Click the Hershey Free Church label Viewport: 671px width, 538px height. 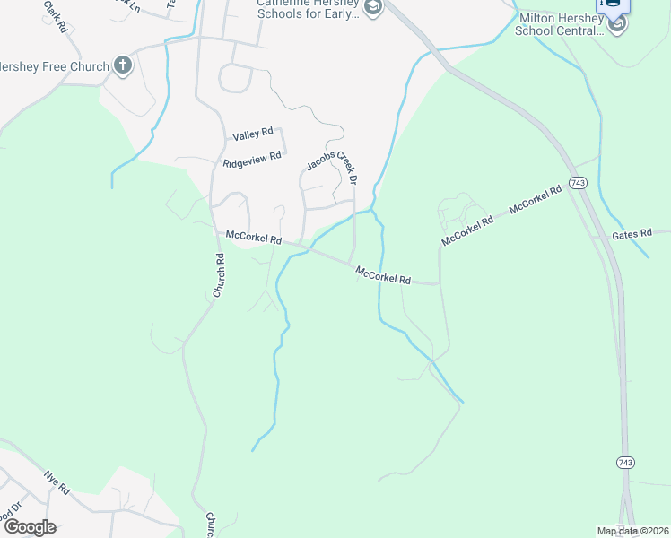pos(54,66)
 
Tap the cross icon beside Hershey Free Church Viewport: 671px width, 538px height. pos(123,65)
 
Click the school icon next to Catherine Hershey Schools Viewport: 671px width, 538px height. pos(373,9)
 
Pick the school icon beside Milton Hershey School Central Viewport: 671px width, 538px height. pos(616,24)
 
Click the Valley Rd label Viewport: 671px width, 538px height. pos(252,134)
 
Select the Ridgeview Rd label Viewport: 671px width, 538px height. pos(252,160)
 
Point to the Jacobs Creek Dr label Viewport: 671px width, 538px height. pos(333,161)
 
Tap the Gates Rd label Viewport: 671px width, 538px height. pos(632,235)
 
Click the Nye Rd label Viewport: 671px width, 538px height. pos(57,482)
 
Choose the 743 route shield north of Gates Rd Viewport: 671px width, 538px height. pos(578,183)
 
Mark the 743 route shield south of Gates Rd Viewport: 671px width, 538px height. pos(625,462)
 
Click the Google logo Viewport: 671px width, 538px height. pos(29,527)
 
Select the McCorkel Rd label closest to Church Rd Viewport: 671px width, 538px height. pos(254,238)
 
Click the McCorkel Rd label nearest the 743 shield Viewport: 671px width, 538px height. pos(535,199)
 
